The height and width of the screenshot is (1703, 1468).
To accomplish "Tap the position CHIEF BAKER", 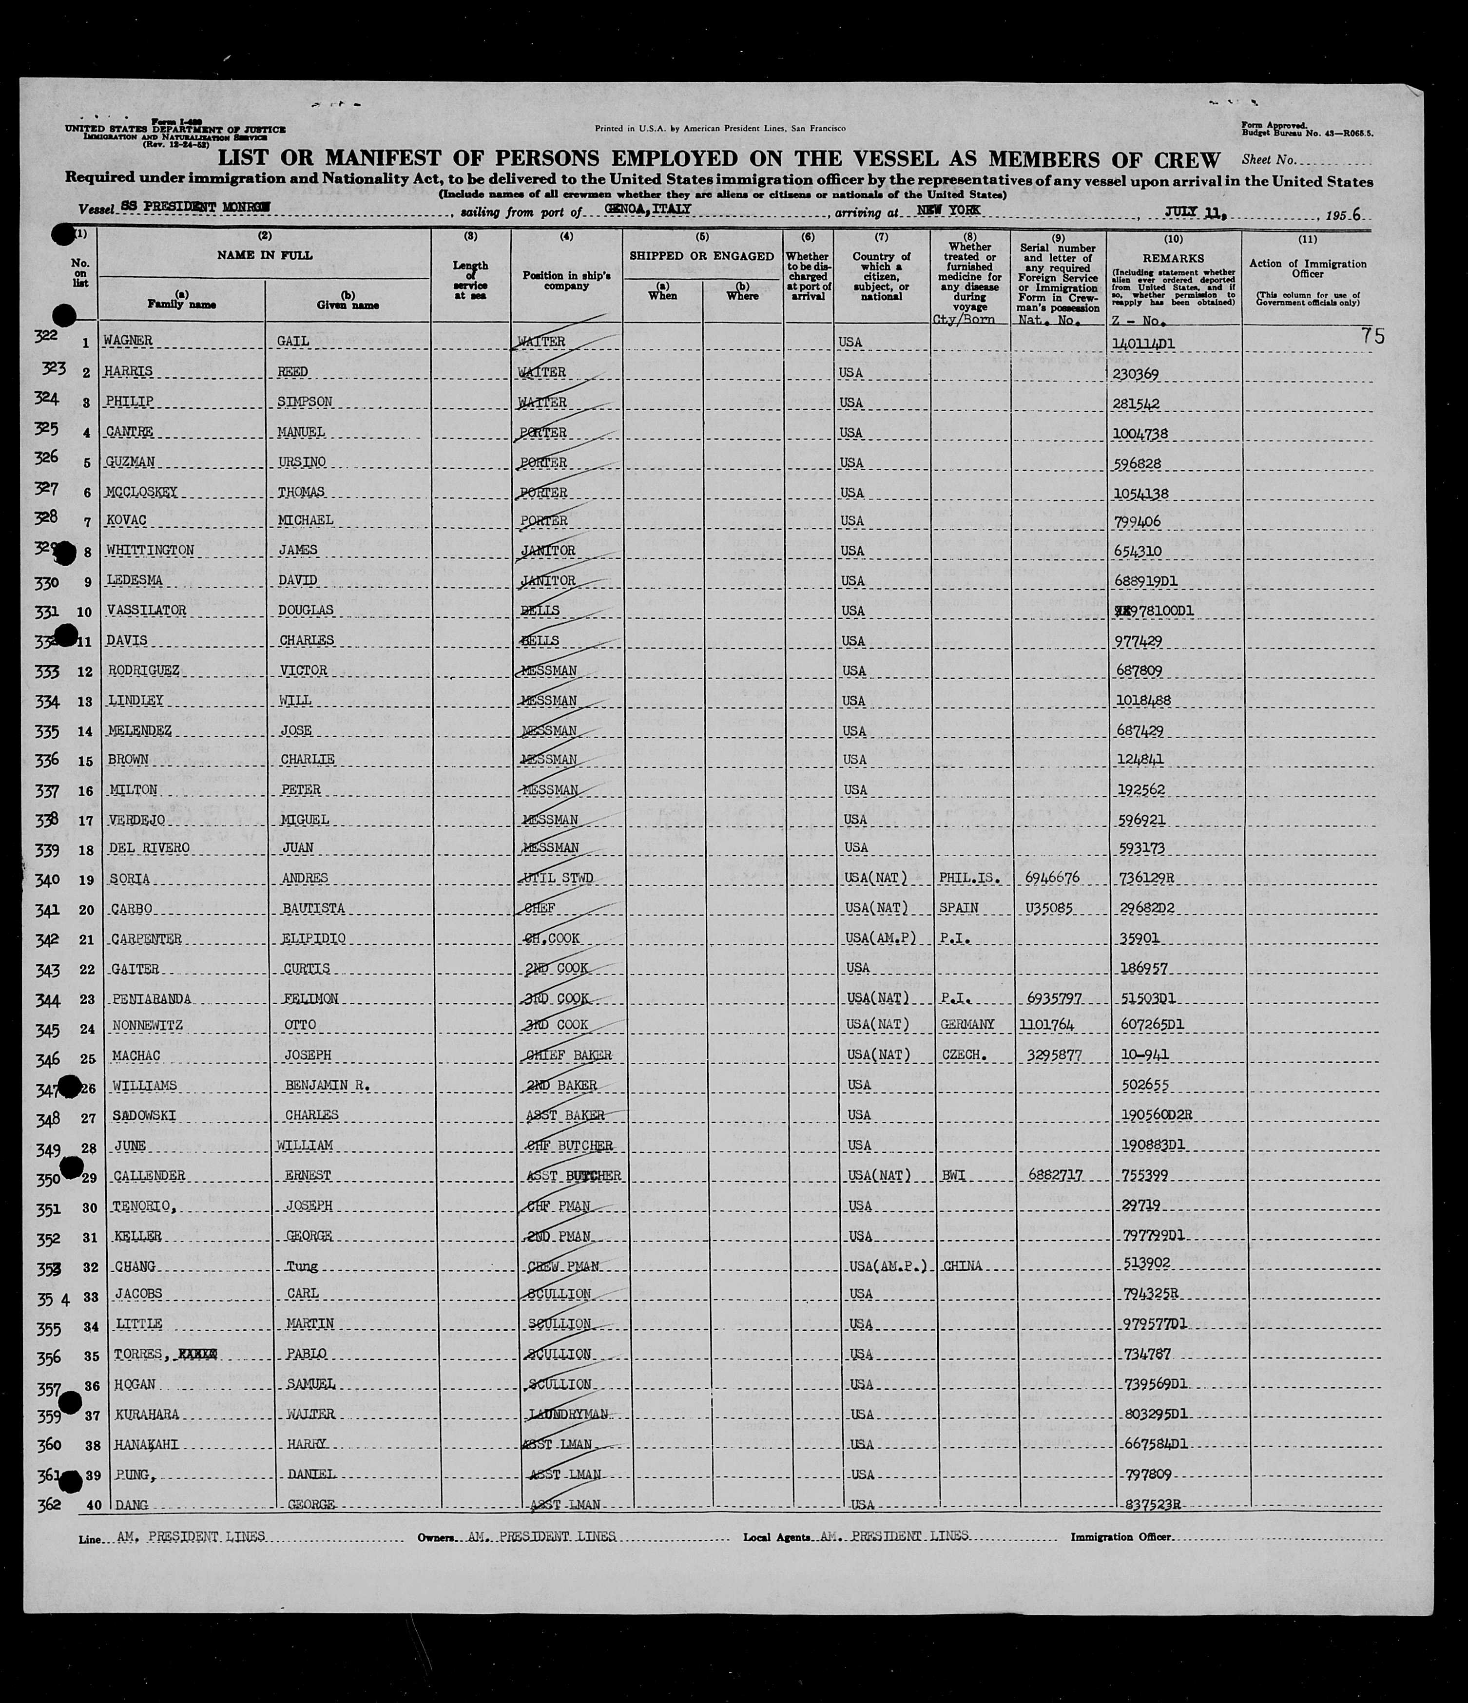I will click(x=567, y=1055).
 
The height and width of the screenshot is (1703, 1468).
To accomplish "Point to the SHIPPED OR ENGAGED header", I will click(x=701, y=256).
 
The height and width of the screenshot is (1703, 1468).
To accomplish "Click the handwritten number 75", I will click(x=1372, y=336).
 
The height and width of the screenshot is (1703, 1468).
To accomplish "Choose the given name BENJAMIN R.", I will click(x=327, y=1086).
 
